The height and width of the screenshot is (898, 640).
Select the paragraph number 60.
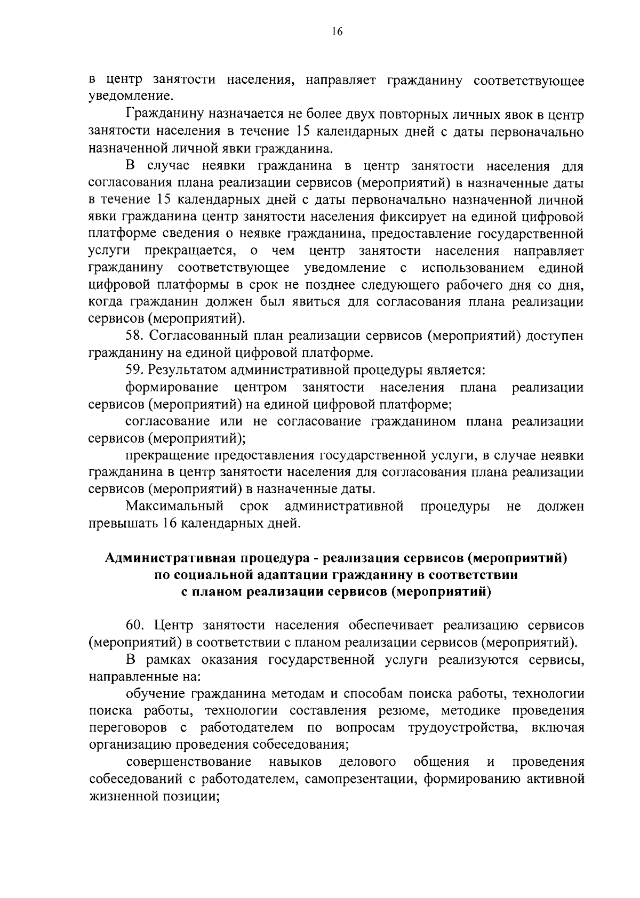click(135, 625)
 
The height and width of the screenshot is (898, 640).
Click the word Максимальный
click(175, 506)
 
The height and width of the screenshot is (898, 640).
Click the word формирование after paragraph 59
click(172, 387)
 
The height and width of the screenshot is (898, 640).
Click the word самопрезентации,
click(354, 779)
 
